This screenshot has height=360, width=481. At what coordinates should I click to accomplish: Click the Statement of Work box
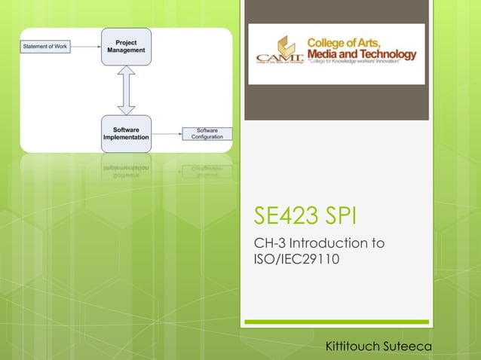44,47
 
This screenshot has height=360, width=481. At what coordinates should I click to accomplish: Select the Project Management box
126,46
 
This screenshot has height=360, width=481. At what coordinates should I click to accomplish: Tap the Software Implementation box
126,134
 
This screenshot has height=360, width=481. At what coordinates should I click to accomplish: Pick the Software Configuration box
207,133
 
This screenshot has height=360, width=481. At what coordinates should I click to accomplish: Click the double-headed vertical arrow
126,90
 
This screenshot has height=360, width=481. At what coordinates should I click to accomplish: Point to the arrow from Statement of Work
86,47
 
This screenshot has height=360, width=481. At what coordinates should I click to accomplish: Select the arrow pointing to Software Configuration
166,134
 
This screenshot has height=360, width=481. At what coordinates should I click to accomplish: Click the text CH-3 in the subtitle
271,244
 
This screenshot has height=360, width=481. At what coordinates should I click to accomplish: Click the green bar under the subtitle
337,322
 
